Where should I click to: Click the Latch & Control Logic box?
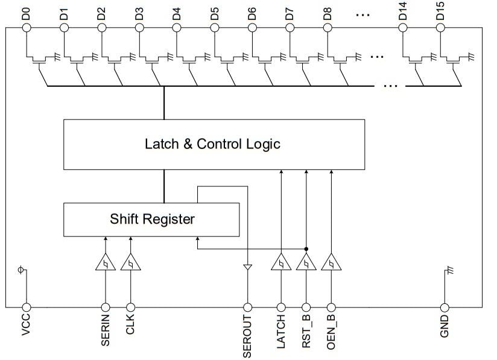click(x=214, y=144)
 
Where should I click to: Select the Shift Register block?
click(x=151, y=219)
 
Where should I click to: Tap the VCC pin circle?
click(x=26, y=307)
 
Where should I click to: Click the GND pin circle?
click(x=445, y=307)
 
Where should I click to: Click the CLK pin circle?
click(x=130, y=307)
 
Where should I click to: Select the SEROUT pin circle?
click(x=247, y=307)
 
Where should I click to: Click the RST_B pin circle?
click(x=306, y=307)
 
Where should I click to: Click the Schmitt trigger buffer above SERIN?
click(x=106, y=264)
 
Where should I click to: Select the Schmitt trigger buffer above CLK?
click(x=130, y=264)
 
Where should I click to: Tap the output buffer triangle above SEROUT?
click(x=247, y=267)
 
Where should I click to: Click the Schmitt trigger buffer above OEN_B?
click(x=331, y=264)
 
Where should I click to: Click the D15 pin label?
click(x=441, y=11)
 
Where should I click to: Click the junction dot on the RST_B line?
click(x=306, y=248)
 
